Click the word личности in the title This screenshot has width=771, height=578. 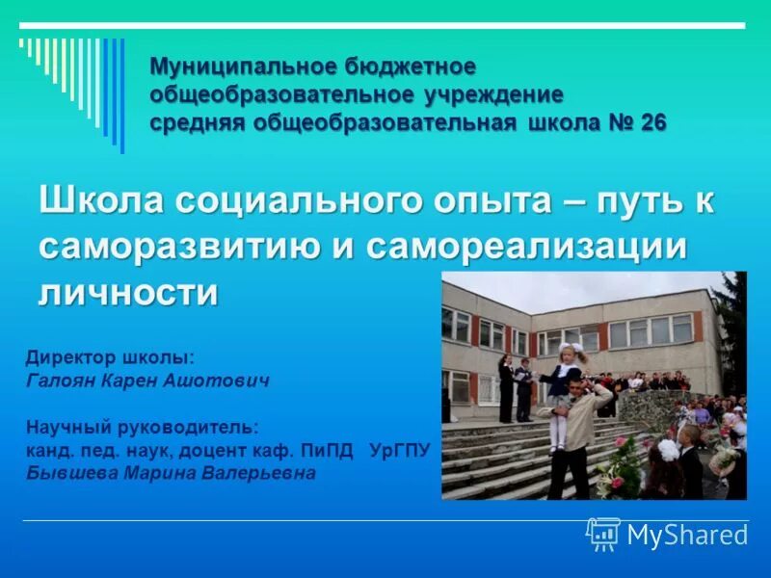128,292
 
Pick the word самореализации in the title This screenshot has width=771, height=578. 527,247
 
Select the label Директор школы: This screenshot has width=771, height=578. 110,357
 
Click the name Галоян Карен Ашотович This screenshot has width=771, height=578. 147,381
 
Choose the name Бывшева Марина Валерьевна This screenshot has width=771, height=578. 171,474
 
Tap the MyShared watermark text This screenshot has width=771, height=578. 687,536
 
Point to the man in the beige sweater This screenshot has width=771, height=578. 575,433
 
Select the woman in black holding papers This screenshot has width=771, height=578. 506,385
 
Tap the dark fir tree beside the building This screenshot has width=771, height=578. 731,328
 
